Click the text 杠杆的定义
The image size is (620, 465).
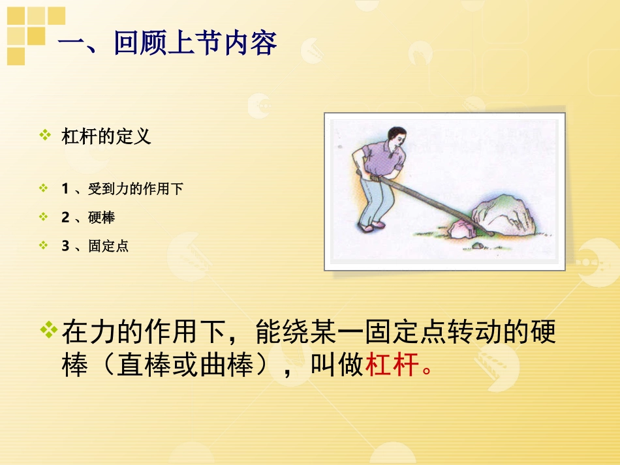coord(106,136)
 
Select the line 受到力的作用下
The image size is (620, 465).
coord(136,189)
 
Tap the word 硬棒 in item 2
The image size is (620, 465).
coord(101,218)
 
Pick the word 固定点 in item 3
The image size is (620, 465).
coord(108,247)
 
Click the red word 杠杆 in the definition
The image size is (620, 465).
coord(391,366)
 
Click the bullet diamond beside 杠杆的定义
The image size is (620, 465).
coord(45,136)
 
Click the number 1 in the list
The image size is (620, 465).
coord(65,189)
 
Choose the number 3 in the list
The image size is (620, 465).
coord(65,247)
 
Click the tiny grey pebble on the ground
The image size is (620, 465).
coord(478,245)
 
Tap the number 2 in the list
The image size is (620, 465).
coord(65,218)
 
